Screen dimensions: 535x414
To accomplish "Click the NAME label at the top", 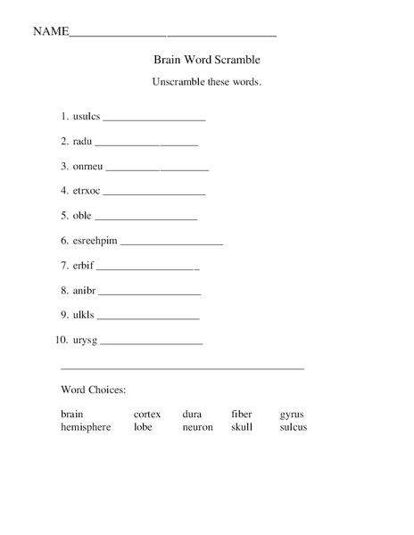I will [x=51, y=31].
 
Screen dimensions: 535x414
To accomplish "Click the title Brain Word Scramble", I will [x=207, y=60].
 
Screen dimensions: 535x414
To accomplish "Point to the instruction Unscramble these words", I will [x=207, y=82].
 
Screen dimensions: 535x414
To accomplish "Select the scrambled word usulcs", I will [x=87, y=117].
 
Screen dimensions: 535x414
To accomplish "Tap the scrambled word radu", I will [x=82, y=141].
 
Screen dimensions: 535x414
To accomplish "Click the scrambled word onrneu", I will [x=87, y=166].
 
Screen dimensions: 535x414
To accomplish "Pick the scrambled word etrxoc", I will [x=87, y=191].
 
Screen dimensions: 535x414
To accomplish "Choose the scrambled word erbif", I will [x=83, y=266].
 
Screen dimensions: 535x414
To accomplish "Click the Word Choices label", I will [x=93, y=390].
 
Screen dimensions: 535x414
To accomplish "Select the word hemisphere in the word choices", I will [x=86, y=427].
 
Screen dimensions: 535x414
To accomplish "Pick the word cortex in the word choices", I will [x=147, y=415].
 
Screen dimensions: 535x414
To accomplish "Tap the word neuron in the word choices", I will [x=197, y=427].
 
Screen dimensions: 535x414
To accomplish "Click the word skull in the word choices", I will [x=242, y=427].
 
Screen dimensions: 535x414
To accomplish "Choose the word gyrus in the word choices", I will [x=292, y=415].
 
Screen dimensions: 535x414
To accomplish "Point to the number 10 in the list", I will [x=61, y=341].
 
